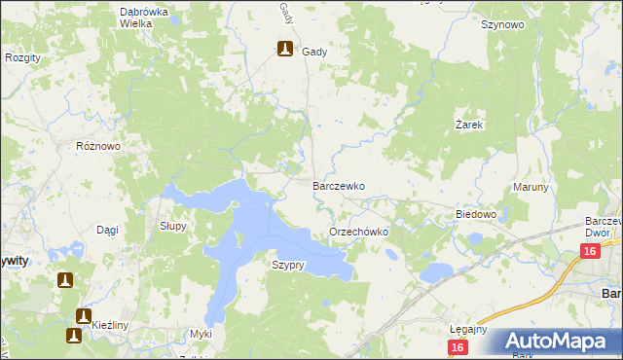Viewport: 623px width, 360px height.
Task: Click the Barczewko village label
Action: (x=338, y=185)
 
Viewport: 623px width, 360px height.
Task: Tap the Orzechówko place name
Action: (x=359, y=233)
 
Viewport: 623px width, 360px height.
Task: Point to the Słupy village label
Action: (x=172, y=225)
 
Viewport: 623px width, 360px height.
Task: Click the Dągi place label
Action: (x=107, y=230)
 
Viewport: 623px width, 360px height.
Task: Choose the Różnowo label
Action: (x=97, y=146)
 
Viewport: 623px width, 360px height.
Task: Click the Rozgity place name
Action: (x=22, y=58)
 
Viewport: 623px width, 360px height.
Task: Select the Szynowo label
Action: (x=502, y=25)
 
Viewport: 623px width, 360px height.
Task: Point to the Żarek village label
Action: (x=470, y=126)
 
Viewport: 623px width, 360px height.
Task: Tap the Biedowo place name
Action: (x=476, y=214)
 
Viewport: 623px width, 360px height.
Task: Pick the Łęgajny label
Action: (x=468, y=329)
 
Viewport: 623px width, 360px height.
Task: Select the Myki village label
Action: (x=201, y=334)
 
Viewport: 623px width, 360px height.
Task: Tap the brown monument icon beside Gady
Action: (x=285, y=50)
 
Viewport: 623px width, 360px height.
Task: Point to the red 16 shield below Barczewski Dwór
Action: (x=589, y=252)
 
